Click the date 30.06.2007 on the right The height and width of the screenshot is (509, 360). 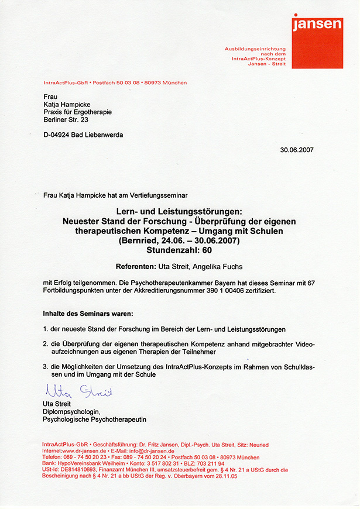[x=297, y=150]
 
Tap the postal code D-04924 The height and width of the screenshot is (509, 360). [x=58, y=135]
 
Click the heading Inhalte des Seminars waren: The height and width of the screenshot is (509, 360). [x=88, y=313]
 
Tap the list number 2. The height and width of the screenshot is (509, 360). [x=46, y=345]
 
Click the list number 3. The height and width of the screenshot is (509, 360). [x=46, y=367]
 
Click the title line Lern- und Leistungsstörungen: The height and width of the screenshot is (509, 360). [x=180, y=209]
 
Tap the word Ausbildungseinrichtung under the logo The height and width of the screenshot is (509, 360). [x=255, y=49]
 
